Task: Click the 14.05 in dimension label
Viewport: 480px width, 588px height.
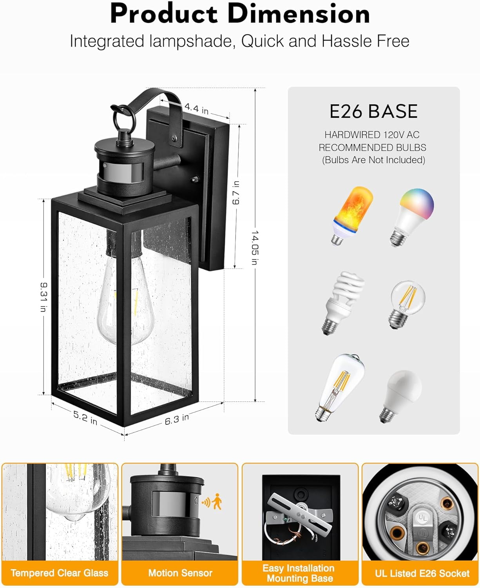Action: click(x=255, y=247)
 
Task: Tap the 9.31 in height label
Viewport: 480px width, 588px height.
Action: click(x=44, y=297)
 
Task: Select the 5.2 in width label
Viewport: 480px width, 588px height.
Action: click(x=85, y=417)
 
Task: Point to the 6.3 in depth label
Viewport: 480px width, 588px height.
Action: click(x=177, y=419)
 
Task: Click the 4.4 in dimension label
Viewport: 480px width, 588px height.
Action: click(x=197, y=108)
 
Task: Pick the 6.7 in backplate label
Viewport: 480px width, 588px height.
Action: click(x=236, y=192)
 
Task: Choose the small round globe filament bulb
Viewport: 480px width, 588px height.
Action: click(x=407, y=305)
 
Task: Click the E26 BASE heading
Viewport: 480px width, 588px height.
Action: click(x=373, y=111)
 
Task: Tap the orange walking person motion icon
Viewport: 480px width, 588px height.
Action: click(x=216, y=502)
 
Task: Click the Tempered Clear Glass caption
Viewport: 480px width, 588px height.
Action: click(x=60, y=573)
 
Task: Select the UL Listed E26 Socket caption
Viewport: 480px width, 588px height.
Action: click(x=422, y=573)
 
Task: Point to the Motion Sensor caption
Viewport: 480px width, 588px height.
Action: click(x=180, y=573)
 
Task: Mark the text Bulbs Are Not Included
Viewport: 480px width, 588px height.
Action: click(x=373, y=160)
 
